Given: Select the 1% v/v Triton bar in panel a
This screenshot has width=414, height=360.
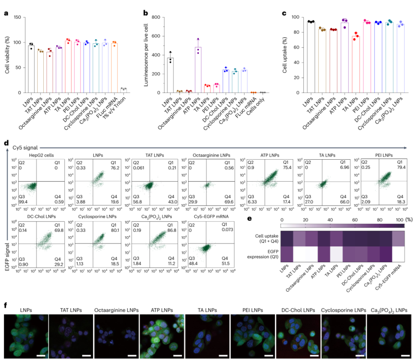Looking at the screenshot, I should click(123, 91).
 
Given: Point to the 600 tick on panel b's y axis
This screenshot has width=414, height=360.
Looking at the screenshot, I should click(157, 36).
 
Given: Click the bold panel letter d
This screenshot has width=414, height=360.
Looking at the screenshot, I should click(6, 143).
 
